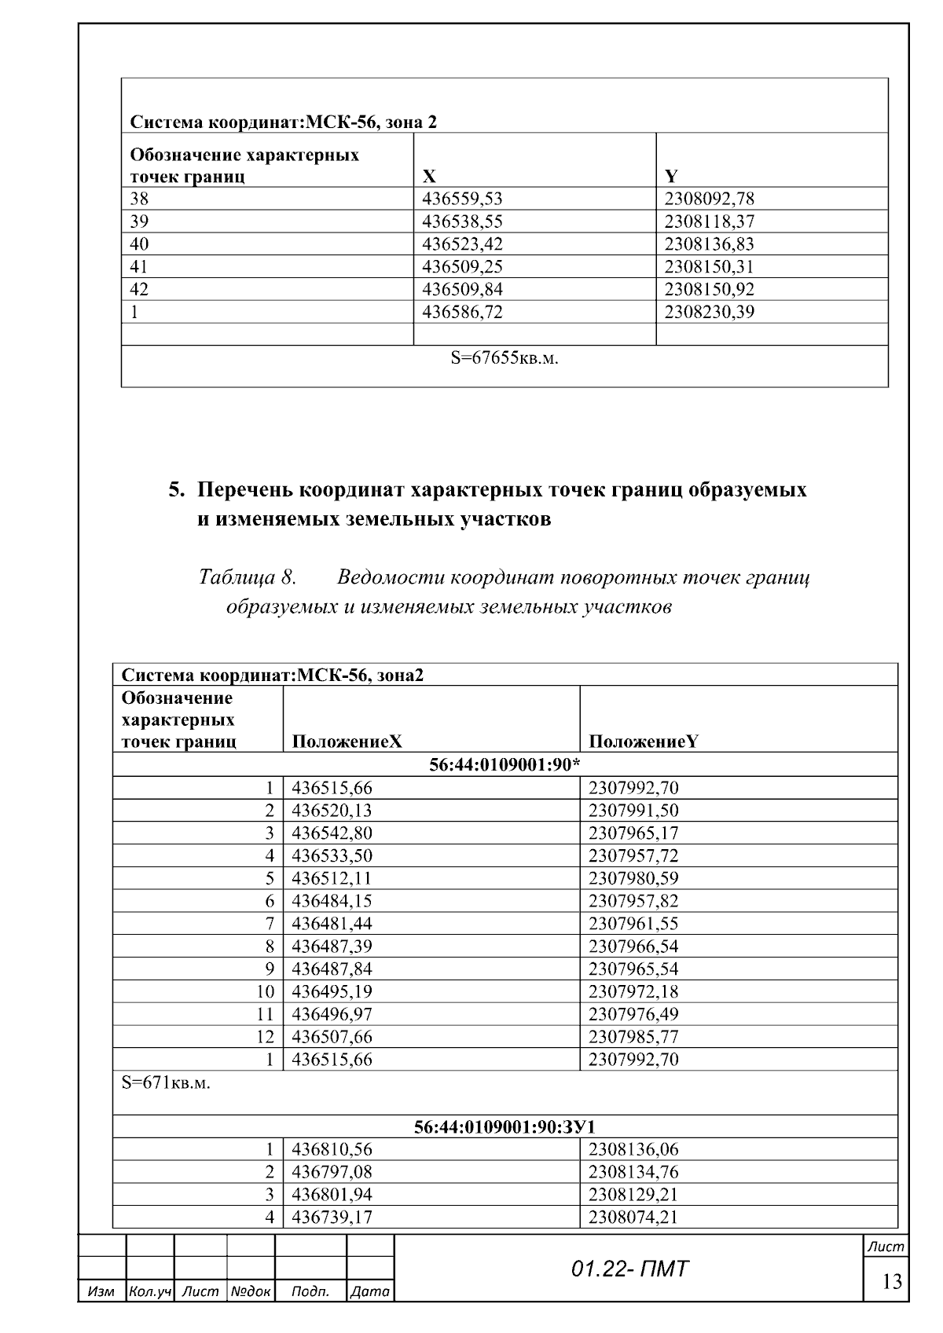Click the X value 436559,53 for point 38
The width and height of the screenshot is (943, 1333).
[462, 199]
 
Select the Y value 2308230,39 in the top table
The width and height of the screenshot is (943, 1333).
[709, 313]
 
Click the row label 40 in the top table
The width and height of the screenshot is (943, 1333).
[139, 244]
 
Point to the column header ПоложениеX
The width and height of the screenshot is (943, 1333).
[347, 742]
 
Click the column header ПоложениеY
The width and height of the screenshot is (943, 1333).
[643, 742]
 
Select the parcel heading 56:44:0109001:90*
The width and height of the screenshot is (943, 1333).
[505, 764]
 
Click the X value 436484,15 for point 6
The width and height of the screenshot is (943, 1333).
[332, 901]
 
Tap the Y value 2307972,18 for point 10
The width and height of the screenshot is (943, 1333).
[633, 991]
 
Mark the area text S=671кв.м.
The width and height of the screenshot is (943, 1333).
[166, 1083]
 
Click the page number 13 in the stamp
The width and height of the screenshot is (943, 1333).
[892, 1282]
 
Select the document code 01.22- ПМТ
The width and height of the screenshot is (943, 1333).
[629, 1269]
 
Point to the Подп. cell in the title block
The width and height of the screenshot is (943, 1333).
[310, 1291]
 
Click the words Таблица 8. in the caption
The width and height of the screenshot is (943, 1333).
[247, 578]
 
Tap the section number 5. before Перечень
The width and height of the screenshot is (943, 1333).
[177, 490]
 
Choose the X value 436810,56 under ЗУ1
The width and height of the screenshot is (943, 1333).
[332, 1150]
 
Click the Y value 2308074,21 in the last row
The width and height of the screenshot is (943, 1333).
[633, 1218]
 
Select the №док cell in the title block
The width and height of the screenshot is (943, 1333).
[250, 1291]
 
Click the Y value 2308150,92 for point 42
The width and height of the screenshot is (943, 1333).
[709, 290]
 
